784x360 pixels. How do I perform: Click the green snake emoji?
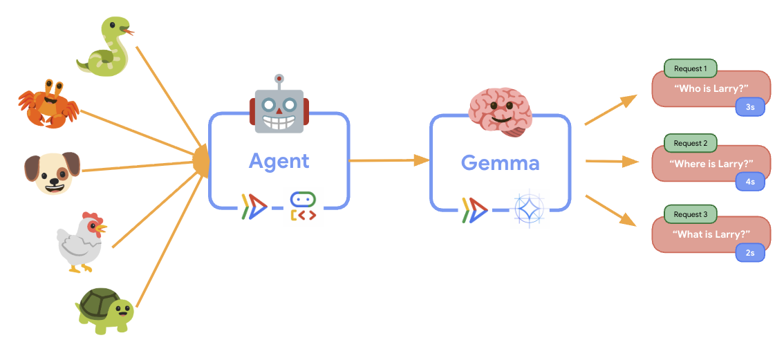click(104, 47)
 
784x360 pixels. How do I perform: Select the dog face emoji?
click(52, 172)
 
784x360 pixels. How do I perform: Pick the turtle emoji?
click(104, 310)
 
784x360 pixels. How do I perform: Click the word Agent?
click(279, 162)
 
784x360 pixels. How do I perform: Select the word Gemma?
click(500, 163)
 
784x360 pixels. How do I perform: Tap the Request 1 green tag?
click(690, 68)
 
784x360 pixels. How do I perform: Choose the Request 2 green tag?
click(690, 143)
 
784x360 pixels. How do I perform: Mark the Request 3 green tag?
click(690, 214)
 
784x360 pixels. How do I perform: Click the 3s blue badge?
click(750, 108)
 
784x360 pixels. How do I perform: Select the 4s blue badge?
click(750, 182)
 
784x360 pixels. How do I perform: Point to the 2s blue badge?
click(750, 253)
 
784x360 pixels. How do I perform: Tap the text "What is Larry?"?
click(711, 234)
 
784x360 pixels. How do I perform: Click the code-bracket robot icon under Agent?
click(303, 207)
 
